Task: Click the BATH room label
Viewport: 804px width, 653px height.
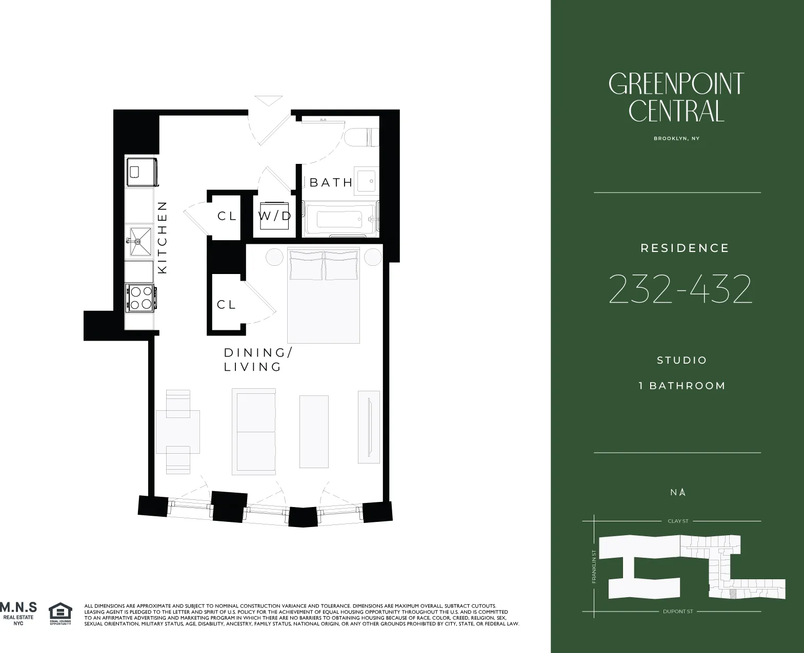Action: point(331,182)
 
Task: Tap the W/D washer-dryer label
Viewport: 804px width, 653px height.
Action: point(274,216)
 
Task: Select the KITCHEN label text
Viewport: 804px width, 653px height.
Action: point(163,237)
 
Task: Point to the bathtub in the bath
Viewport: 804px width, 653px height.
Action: point(341,219)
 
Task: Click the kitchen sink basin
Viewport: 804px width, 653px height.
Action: point(139,241)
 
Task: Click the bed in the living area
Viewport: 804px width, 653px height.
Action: point(323,296)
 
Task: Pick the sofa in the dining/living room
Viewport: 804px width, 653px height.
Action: point(254,431)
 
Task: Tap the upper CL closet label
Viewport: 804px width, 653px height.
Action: point(227,216)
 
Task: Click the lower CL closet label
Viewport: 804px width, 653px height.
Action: point(226,305)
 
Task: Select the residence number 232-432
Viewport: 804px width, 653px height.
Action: point(680,289)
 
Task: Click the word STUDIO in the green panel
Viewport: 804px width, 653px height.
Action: point(682,360)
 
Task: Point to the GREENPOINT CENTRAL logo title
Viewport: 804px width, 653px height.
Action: point(676,97)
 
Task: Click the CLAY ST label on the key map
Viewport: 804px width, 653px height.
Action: point(678,521)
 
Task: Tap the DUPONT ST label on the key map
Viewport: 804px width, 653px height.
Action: point(678,612)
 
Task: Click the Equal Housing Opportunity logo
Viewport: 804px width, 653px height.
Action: point(60,614)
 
